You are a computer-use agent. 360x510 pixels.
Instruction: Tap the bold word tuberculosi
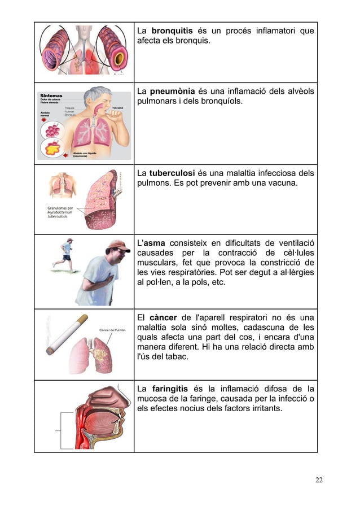point(173,173)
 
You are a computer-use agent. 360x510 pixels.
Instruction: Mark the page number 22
point(319,480)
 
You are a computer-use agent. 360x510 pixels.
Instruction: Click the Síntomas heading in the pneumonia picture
point(51,95)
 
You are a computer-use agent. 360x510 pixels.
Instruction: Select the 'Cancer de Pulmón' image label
point(112,330)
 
